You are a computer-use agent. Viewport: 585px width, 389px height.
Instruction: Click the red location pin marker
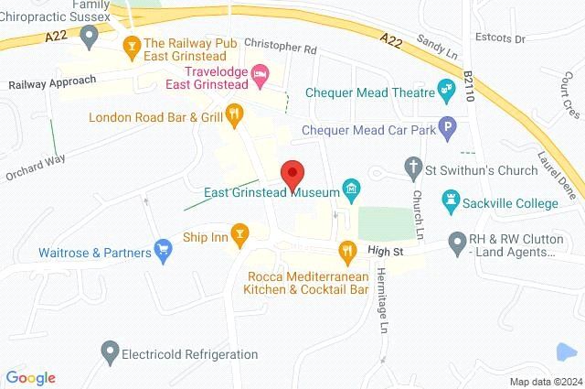click(292, 174)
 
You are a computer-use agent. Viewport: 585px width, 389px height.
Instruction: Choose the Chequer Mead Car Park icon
click(447, 129)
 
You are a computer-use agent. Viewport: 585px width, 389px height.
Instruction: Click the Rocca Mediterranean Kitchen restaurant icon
click(347, 250)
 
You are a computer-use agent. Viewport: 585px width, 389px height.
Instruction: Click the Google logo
click(30, 377)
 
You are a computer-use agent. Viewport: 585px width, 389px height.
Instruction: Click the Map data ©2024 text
click(544, 382)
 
